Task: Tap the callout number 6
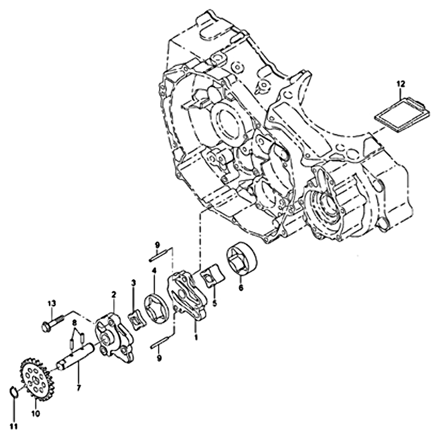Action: [241, 287]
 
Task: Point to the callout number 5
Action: [215, 303]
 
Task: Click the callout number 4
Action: [154, 270]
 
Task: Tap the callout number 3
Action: [134, 283]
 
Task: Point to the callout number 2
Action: [114, 294]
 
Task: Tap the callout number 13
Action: [52, 303]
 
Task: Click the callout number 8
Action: [74, 323]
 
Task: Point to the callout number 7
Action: [78, 388]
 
